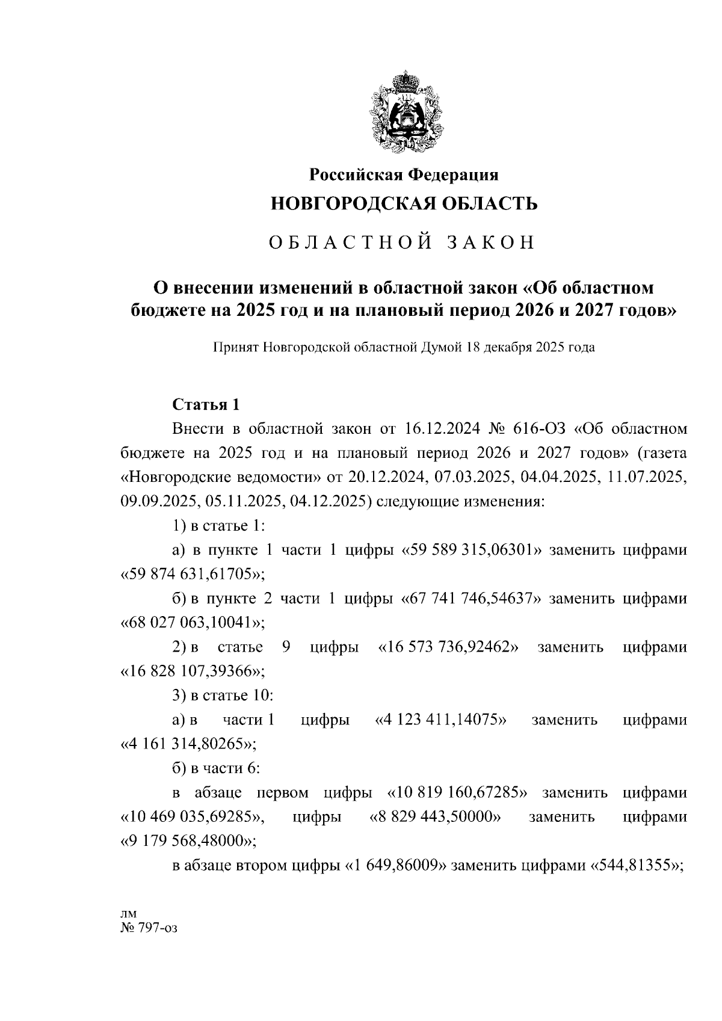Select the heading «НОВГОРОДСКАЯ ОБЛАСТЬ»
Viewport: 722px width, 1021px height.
click(x=404, y=203)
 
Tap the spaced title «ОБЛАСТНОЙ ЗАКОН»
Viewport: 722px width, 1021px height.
click(x=401, y=242)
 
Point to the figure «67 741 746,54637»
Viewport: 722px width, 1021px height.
click(x=469, y=599)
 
